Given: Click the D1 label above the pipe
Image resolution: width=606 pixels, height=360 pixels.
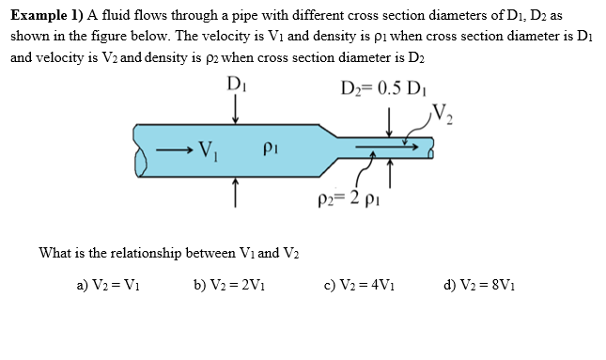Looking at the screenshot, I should pyautogui.click(x=235, y=86).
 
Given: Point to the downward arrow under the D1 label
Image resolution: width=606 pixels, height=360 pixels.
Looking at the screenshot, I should pyautogui.click(x=235, y=109).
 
